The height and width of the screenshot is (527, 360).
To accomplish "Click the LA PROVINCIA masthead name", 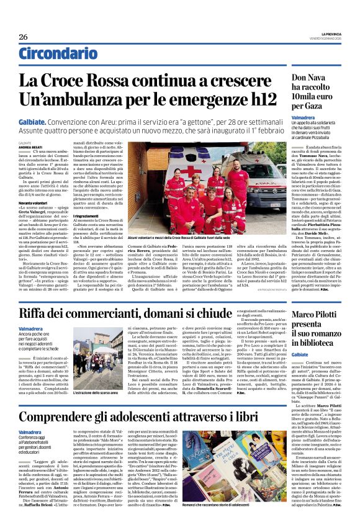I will pos(326,33).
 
